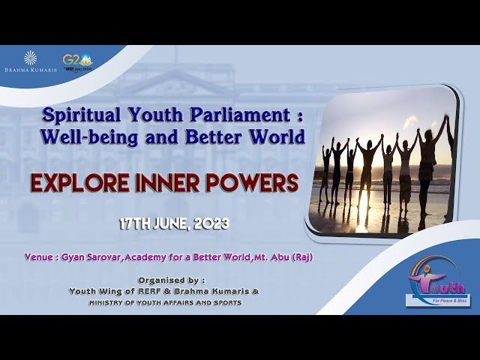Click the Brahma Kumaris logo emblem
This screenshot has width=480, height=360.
pyautogui.click(x=30, y=58)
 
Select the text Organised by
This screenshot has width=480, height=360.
pyautogui.click(x=166, y=280)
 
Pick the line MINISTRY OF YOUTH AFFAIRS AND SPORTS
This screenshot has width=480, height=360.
pyautogui.click(x=165, y=302)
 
